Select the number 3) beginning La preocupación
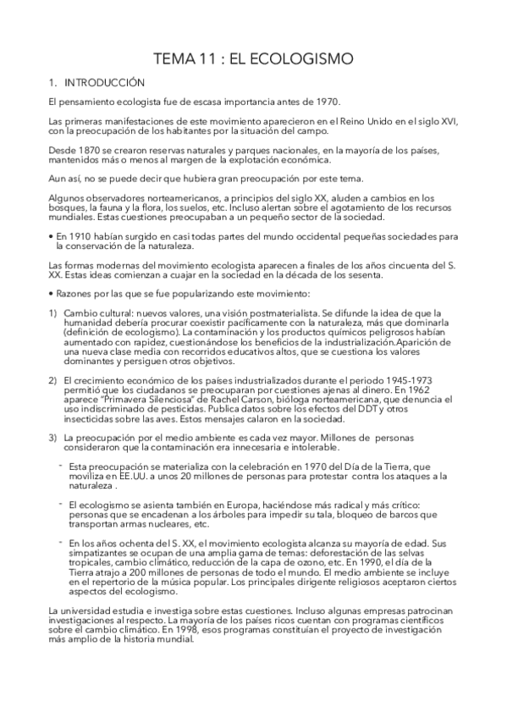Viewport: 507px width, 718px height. [x=52, y=437]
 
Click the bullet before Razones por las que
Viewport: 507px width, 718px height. [x=52, y=294]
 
